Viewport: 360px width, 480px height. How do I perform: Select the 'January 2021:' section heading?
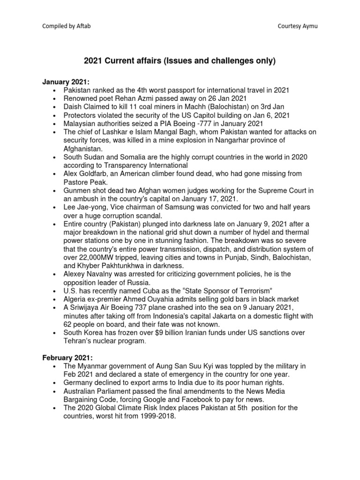[x=64, y=82]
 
